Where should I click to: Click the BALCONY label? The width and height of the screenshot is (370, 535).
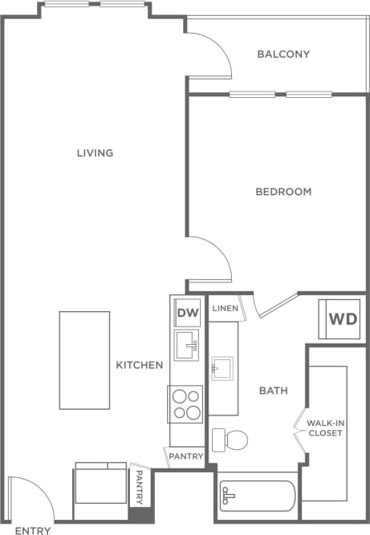point(283,55)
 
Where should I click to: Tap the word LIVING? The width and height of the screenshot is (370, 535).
point(95,153)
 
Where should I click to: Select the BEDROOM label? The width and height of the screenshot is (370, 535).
point(283,192)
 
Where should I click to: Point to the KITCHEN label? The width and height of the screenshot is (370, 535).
point(140,365)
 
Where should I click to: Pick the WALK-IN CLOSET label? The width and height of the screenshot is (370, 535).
point(326,427)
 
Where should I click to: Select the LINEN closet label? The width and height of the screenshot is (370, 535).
point(223,309)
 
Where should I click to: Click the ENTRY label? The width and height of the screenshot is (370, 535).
point(33,530)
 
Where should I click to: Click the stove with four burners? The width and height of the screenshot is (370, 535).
point(187,404)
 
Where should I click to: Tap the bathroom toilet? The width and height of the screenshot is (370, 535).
point(230,440)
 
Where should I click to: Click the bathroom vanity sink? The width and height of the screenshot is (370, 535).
point(222,368)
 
